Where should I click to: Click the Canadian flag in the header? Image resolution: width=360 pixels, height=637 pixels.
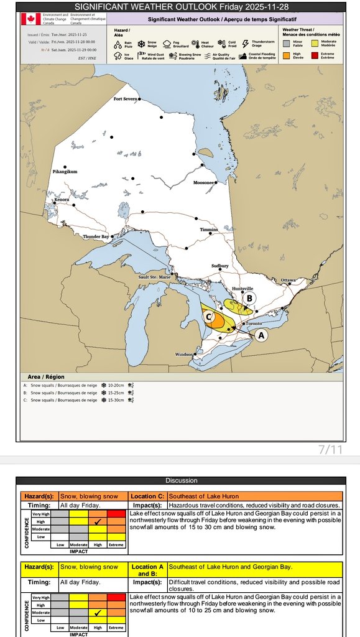pos(30,19)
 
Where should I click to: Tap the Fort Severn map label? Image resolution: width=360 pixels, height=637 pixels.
pos(125,99)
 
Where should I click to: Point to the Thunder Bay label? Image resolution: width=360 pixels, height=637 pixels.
pos(96,236)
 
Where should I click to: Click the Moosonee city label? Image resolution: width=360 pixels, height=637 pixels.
pos(204,183)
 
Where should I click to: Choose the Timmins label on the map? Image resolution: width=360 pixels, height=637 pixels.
pos(208,230)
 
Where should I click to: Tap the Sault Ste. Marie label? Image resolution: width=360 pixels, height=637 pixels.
pos(154,277)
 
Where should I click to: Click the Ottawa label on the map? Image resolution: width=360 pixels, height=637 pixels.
pos(288,280)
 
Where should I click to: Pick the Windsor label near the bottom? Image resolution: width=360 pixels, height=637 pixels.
pos(183,354)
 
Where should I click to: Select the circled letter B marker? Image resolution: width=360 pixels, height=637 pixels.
pos(249,299)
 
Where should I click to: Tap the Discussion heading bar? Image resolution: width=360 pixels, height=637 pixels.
pos(181,480)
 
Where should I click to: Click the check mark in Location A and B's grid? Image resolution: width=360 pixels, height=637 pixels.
pos(97,613)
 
